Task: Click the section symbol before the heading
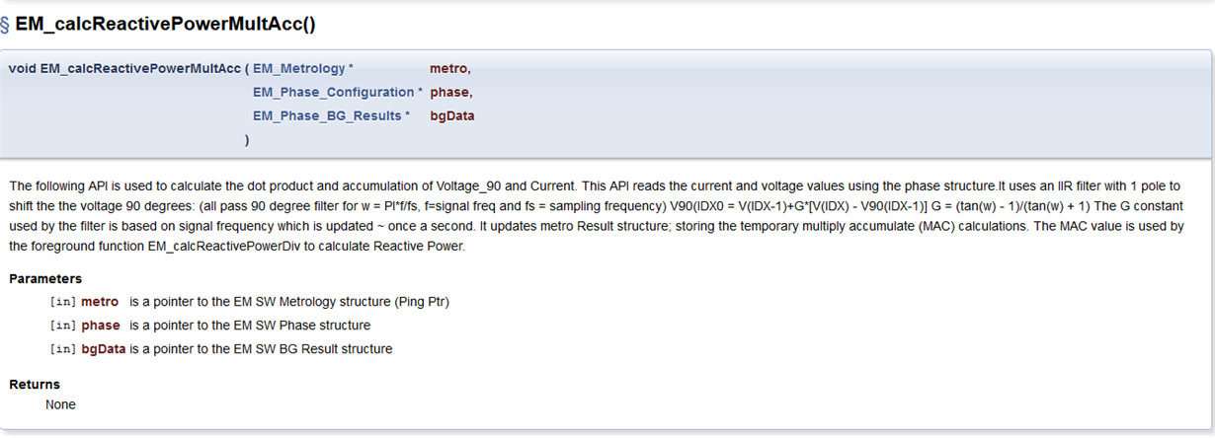(5, 25)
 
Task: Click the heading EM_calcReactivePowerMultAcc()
(165, 24)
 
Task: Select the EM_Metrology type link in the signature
(299, 69)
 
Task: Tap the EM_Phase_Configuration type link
(334, 93)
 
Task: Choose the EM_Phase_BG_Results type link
(327, 115)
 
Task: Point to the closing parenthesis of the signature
(247, 140)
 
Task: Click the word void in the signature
(23, 69)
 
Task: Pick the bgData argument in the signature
(452, 115)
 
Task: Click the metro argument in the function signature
(448, 69)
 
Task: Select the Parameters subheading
(45, 279)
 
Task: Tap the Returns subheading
(35, 385)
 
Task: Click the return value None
(60, 404)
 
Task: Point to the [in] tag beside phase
(63, 326)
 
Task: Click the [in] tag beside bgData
(63, 349)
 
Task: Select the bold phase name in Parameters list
(101, 326)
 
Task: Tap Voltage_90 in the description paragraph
(468, 186)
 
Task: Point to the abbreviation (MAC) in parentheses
(936, 226)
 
